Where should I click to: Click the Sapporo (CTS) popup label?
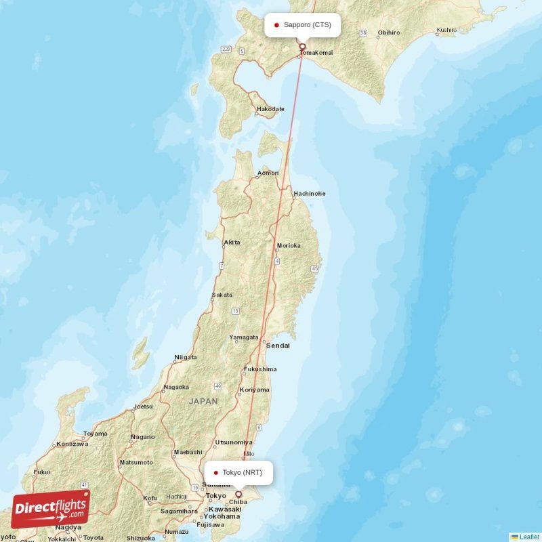tap(303, 25)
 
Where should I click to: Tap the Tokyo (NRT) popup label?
tap(238, 473)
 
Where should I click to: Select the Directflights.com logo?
tap(51, 509)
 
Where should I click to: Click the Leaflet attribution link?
tap(528, 537)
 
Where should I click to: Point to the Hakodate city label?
tap(270, 108)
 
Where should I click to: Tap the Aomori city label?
tap(268, 173)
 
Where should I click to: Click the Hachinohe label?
tap(309, 194)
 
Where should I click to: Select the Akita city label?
tap(232, 242)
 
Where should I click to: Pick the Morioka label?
tap(288, 245)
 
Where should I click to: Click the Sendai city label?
tap(278, 346)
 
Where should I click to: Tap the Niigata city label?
tap(185, 357)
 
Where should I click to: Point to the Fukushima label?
tap(260, 369)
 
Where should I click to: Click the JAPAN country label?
tap(203, 401)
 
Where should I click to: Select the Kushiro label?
tap(446, 30)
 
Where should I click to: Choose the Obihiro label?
tap(389, 32)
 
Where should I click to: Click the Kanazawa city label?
tap(72, 444)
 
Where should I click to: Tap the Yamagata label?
tap(244, 337)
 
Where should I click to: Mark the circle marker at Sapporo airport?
tap(303, 47)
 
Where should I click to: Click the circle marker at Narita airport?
tap(238, 495)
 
